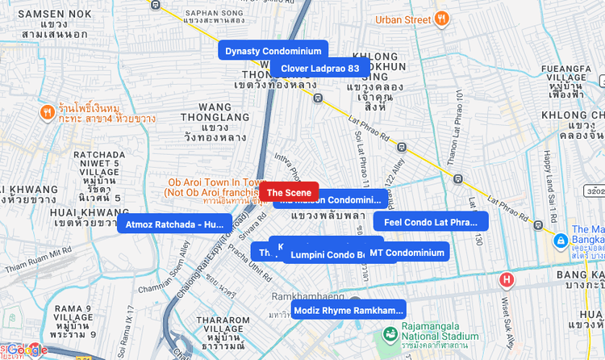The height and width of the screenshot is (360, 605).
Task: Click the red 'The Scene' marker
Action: pyautogui.click(x=289, y=192)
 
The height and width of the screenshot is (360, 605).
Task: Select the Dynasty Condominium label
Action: pyautogui.click(x=273, y=51)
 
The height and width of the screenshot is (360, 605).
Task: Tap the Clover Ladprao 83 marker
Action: pyautogui.click(x=319, y=68)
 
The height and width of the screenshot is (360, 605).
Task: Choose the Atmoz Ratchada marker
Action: pyautogui.click(x=174, y=224)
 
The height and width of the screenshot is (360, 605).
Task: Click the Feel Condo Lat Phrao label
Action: pyautogui.click(x=430, y=222)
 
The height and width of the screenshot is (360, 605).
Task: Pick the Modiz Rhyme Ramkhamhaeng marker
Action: pyautogui.click(x=348, y=310)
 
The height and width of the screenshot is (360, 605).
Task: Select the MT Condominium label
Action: pyautogui.click(x=407, y=253)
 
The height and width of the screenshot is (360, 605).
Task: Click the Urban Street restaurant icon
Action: pyautogui.click(x=441, y=19)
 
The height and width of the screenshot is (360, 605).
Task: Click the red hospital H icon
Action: pyautogui.click(x=507, y=280)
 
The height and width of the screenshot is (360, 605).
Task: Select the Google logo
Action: pyautogui.click(x=27, y=350)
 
